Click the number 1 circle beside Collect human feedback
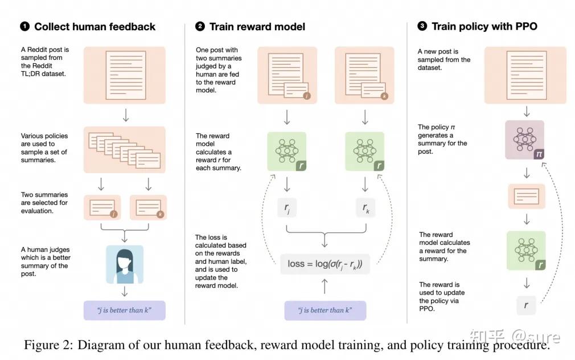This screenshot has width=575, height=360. click(25, 26)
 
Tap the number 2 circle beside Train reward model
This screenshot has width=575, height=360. click(200, 26)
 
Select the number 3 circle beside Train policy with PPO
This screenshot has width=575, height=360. click(422, 26)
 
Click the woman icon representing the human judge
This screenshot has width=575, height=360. click(125, 264)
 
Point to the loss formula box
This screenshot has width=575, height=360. click(325, 264)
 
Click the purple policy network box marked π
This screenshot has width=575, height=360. click(525, 140)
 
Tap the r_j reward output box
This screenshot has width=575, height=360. click(287, 208)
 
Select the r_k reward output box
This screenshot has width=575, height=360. click(365, 208)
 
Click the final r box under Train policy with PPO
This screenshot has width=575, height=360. click(526, 305)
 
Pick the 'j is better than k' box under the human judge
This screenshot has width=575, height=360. click(124, 310)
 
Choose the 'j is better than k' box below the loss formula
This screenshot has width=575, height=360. click(325, 310)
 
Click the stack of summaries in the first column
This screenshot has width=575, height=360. click(124, 150)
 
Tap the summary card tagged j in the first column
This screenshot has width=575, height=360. click(102, 208)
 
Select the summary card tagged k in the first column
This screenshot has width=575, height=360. click(148, 208)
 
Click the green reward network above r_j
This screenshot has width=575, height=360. click(287, 151)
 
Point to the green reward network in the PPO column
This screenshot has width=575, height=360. click(526, 251)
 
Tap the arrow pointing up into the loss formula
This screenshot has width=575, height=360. click(325, 287)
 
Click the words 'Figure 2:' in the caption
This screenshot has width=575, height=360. click(48, 345)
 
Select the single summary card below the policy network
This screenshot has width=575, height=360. click(526, 197)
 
